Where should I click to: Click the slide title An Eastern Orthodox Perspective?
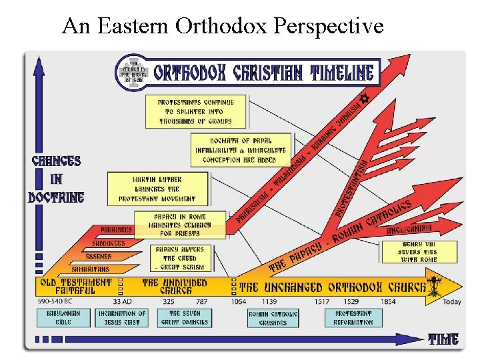click(x=223, y=26)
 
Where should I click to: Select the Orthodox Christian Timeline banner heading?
click(x=264, y=72)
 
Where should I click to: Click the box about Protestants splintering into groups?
click(x=196, y=111)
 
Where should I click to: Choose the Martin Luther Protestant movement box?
click(x=157, y=189)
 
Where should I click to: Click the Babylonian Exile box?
click(x=63, y=317)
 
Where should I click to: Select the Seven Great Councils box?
click(x=184, y=317)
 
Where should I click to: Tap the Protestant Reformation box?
click(x=353, y=317)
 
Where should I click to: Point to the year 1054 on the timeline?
click(x=238, y=302)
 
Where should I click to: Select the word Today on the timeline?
click(x=451, y=302)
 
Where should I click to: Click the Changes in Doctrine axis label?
click(x=56, y=179)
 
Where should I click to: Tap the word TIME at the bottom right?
click(x=443, y=339)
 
